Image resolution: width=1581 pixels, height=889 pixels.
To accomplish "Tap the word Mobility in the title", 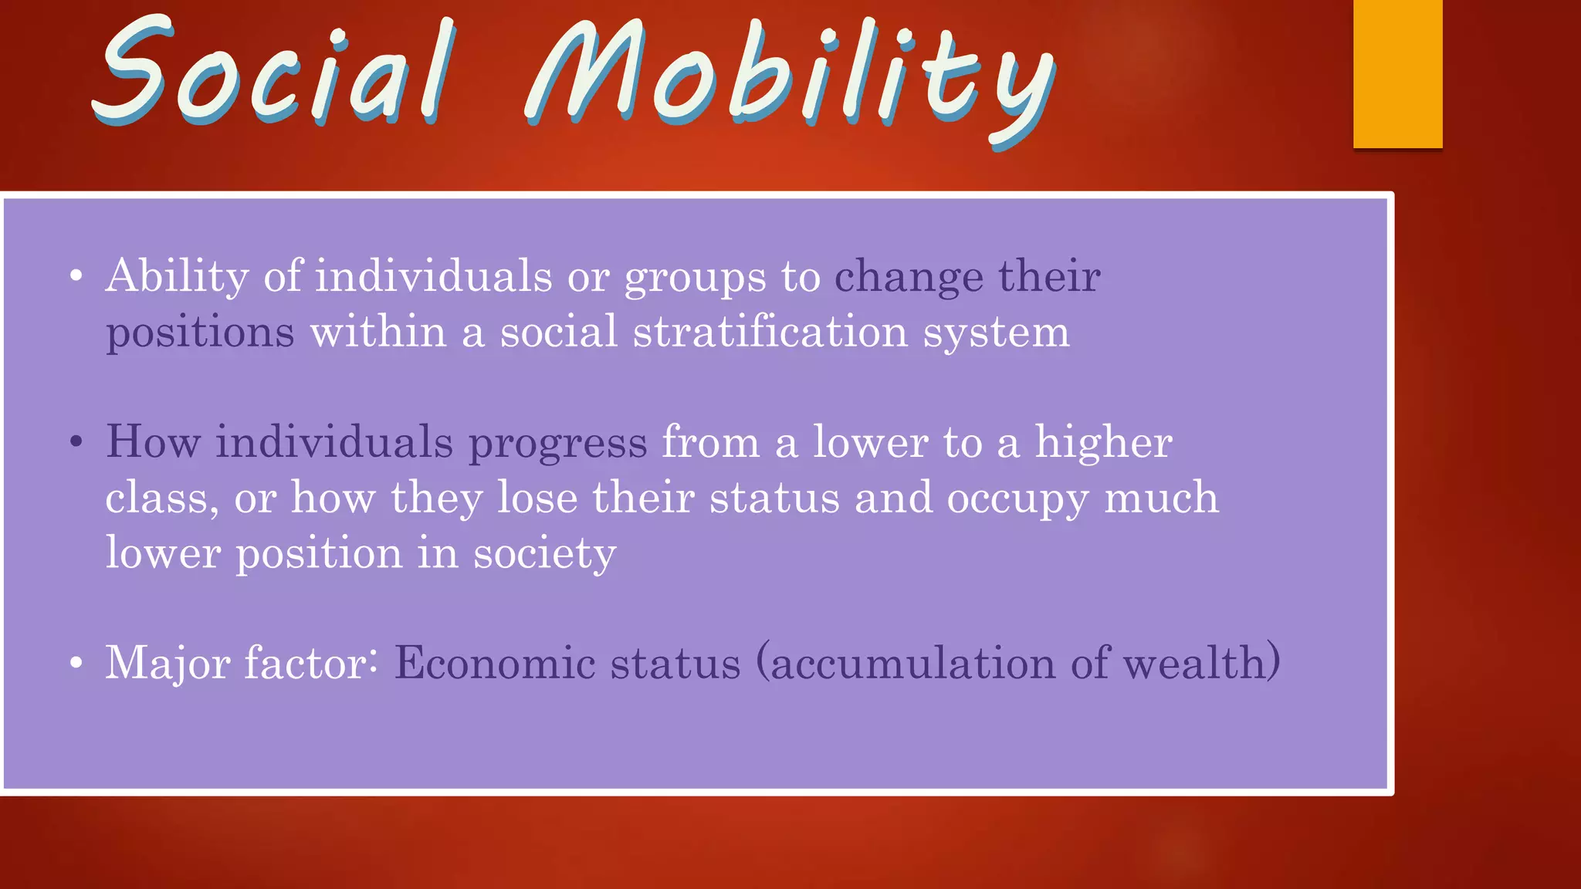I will [x=787, y=77].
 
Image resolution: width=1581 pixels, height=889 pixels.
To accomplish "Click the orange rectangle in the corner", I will [x=1397, y=73].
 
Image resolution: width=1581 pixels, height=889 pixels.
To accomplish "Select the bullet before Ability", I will [x=76, y=277].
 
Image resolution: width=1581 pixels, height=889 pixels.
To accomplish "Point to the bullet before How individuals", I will [x=76, y=443].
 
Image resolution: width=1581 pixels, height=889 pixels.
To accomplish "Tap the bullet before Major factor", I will [x=76, y=664].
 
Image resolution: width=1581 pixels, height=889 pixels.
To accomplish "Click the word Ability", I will [x=177, y=276].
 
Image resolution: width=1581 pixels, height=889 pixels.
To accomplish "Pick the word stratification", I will [x=770, y=332].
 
